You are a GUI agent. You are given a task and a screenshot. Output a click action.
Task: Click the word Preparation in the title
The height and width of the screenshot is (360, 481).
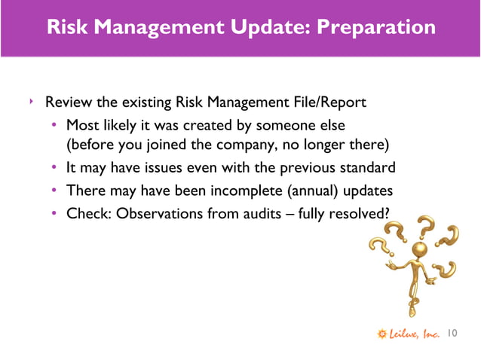[376, 28]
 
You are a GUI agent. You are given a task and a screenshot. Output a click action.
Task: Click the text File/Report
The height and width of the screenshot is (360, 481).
[332, 102]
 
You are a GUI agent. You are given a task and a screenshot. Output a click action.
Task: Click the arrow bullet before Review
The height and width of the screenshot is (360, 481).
[31, 100]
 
